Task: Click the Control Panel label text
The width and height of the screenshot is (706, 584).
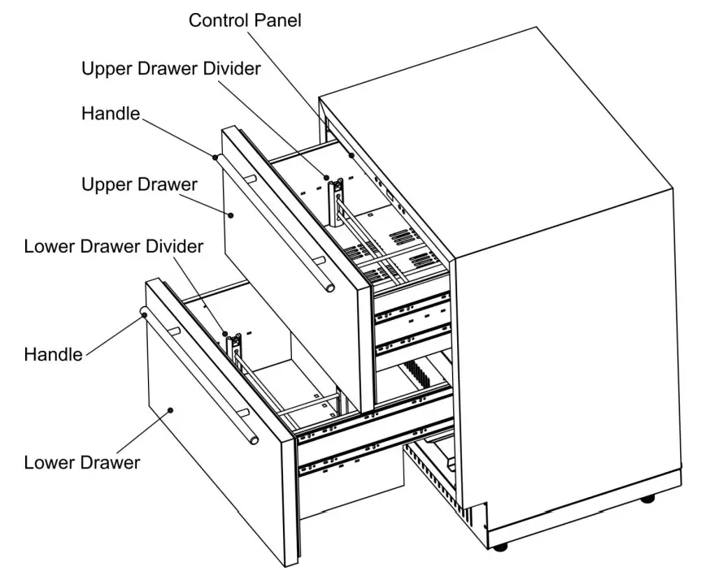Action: (245, 21)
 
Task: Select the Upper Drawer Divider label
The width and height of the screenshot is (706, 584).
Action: (171, 68)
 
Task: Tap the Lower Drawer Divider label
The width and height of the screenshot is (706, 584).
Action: (112, 247)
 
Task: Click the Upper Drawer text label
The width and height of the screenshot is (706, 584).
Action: (139, 185)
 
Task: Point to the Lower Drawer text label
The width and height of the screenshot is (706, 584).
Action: (81, 463)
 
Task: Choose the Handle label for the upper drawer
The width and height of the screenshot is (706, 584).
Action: (111, 115)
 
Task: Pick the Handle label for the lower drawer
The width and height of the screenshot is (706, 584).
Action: (54, 354)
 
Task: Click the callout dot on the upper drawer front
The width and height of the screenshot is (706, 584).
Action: (231, 215)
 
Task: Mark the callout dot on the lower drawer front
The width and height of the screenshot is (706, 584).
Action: (170, 409)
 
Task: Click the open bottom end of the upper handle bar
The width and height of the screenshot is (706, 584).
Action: (327, 287)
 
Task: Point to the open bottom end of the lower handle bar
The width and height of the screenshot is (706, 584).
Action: (255, 439)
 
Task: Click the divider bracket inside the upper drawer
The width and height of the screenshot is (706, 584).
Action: (334, 199)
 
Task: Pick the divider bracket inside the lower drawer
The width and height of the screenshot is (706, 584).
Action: (234, 348)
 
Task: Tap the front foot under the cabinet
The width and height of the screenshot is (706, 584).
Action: (500, 545)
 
